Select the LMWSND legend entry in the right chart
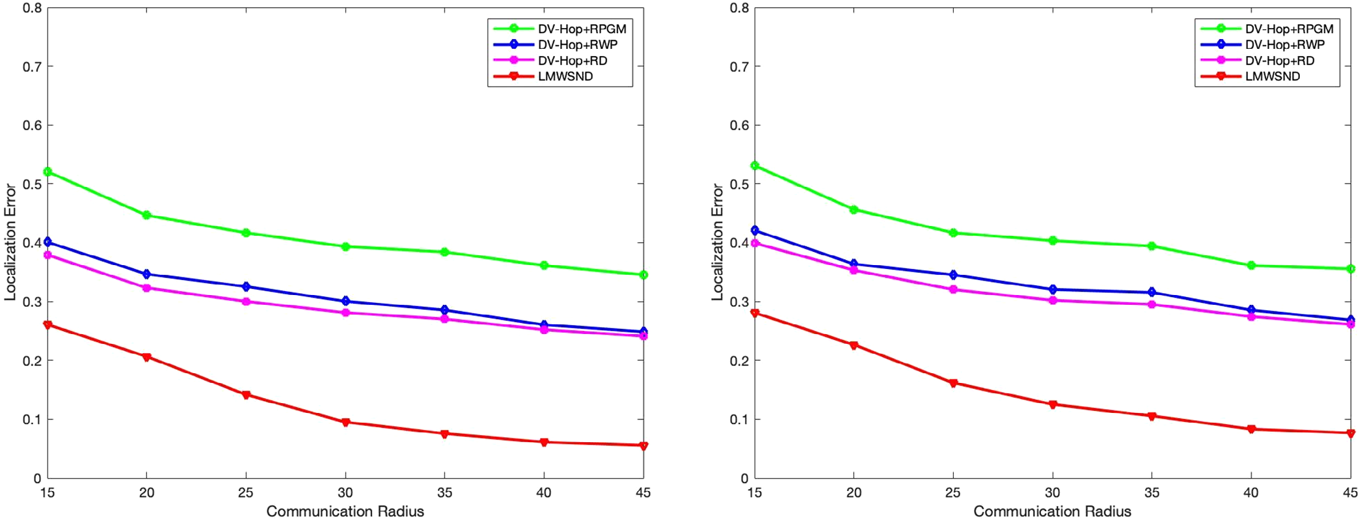(x=1273, y=76)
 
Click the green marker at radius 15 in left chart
(x=47, y=172)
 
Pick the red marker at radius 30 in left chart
(x=345, y=422)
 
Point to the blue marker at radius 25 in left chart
(x=246, y=287)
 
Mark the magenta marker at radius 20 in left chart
(x=146, y=288)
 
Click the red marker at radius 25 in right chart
(x=953, y=383)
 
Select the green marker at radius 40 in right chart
(x=1251, y=266)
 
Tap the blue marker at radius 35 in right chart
(x=1152, y=292)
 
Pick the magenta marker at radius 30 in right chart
(x=1053, y=300)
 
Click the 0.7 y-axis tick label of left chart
(x=32, y=66)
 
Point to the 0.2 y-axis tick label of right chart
(x=739, y=361)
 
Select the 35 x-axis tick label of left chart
(x=444, y=493)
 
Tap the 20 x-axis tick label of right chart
(x=854, y=493)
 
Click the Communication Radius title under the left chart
(x=345, y=512)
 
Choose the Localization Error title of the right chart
(x=717, y=242)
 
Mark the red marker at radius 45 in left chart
(x=643, y=446)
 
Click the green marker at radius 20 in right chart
(x=854, y=210)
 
